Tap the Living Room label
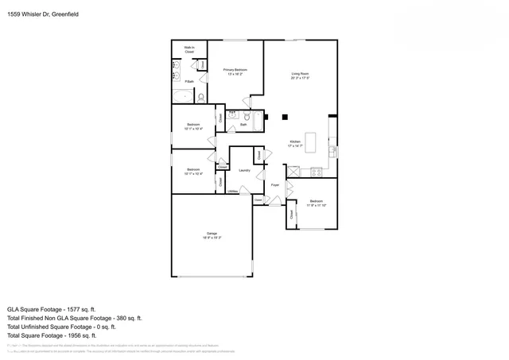point(299,75)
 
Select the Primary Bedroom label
point(235,72)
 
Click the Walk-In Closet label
point(189,49)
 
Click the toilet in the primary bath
point(202,96)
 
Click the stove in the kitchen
point(316,171)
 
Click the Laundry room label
point(245,170)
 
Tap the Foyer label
point(274,184)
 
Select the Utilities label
point(232,192)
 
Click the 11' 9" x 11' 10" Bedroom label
point(316,203)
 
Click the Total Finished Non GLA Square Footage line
point(75,317)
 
